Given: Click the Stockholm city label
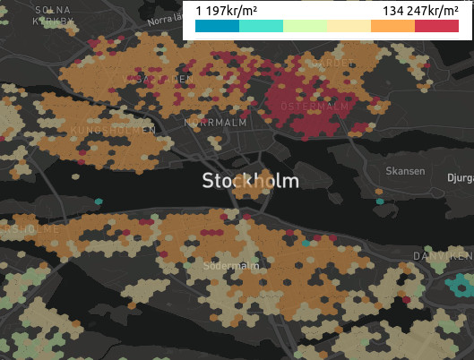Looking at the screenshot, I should tap(251, 181).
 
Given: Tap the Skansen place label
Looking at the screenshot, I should tap(402, 170).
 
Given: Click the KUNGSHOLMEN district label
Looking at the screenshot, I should tap(112, 131).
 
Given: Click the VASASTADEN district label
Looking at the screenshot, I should tap(158, 80).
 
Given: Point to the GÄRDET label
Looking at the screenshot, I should tap(326, 64).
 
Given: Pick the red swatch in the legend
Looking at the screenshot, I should tap(436, 27).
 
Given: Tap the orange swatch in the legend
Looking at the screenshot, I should tap(392, 27).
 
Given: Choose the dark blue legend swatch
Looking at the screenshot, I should tap(218, 27).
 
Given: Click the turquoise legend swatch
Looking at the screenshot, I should tap(261, 27).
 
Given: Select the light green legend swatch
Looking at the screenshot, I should tap(305, 27).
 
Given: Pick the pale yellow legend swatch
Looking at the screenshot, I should tap(349, 27).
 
